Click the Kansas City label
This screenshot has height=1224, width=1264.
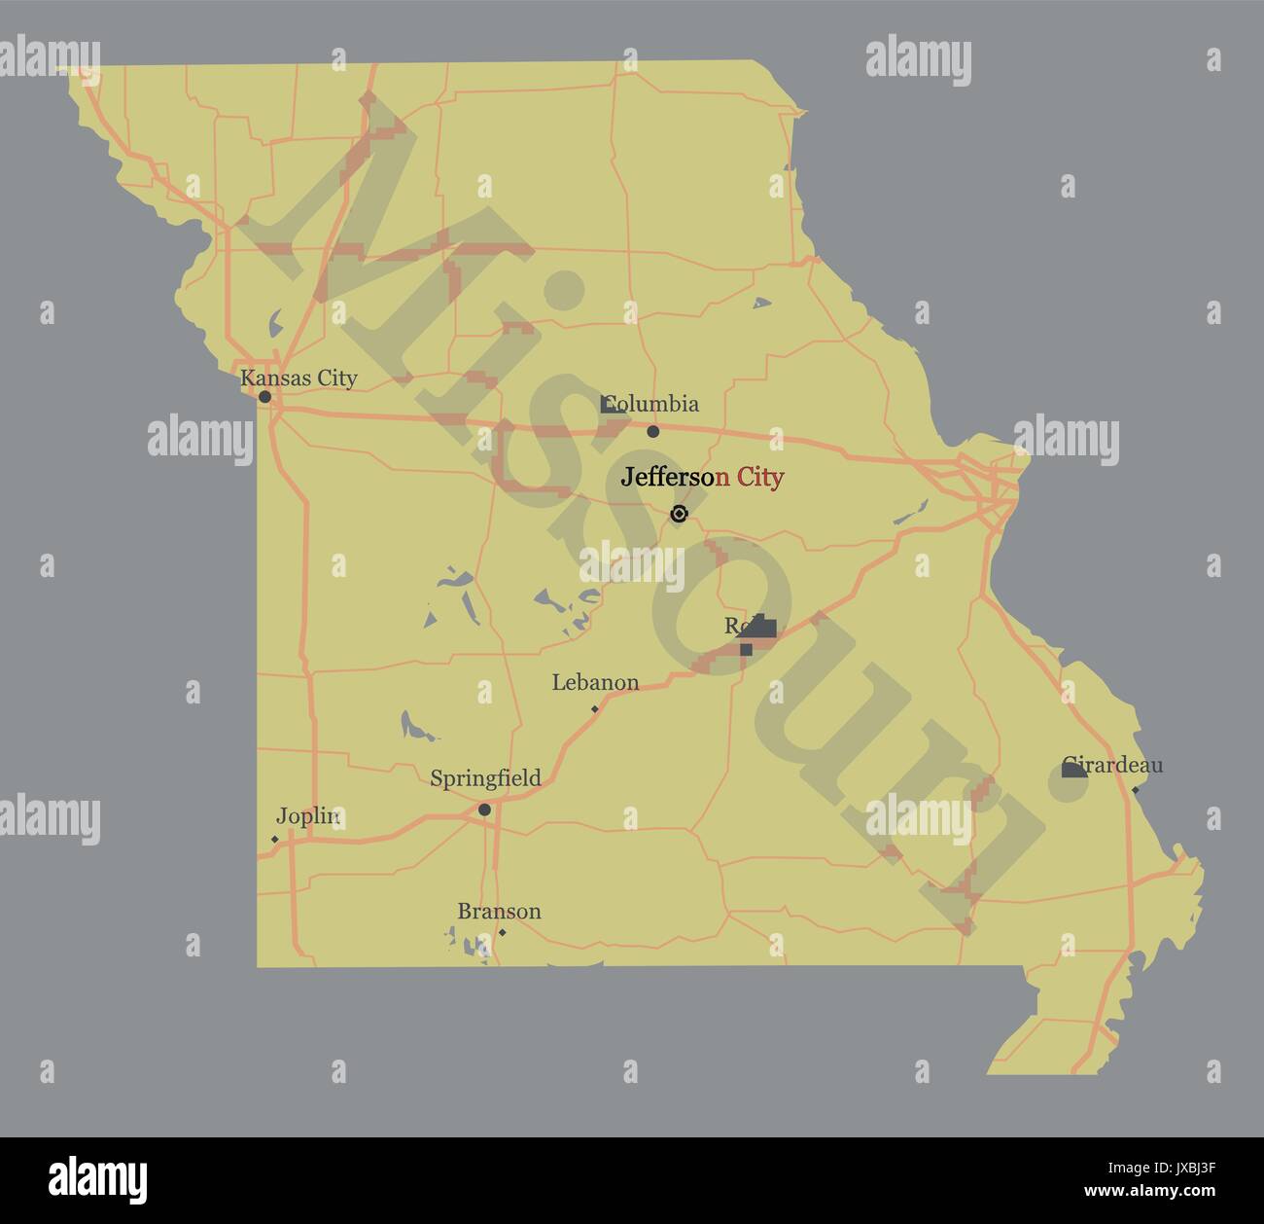(x=298, y=378)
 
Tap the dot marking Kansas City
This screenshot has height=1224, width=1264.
(x=264, y=397)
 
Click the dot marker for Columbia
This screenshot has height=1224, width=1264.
(x=653, y=431)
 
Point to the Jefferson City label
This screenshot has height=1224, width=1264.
(x=702, y=477)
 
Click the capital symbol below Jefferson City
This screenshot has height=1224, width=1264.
(x=679, y=514)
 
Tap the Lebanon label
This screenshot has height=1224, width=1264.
(x=595, y=682)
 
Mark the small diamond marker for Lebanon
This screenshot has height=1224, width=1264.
(x=595, y=708)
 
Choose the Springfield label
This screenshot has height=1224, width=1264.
(x=485, y=778)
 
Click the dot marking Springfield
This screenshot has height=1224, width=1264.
(x=484, y=810)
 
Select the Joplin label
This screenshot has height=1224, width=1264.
(x=307, y=816)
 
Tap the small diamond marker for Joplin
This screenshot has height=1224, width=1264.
(x=275, y=839)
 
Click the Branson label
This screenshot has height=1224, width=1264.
(x=499, y=912)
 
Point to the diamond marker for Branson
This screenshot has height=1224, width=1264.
(x=502, y=932)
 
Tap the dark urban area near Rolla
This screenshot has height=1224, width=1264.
(x=758, y=630)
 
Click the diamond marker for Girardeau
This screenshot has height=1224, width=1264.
(x=1135, y=789)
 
